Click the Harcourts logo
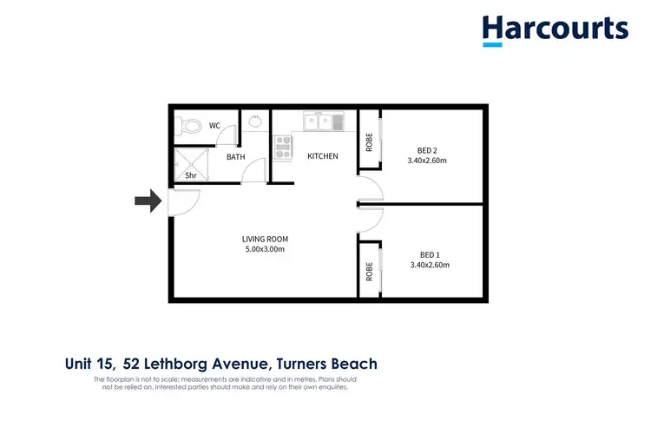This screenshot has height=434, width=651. [x=556, y=29]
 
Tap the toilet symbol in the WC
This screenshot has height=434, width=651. [x=185, y=126]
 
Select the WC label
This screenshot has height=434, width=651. [x=214, y=126]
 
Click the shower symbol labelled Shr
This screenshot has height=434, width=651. [x=189, y=164]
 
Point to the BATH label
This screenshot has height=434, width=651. [x=235, y=157]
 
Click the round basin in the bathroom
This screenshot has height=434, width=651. [x=255, y=122]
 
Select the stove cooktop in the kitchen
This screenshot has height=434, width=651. [x=283, y=148]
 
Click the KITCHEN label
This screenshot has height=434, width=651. [x=322, y=156]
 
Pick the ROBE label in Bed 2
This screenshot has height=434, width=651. [x=369, y=141]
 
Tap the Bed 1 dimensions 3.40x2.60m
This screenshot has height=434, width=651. [x=429, y=265]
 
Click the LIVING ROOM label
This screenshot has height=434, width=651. [x=265, y=239]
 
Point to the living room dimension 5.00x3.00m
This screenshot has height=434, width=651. [x=265, y=249]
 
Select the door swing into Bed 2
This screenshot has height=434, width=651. [x=366, y=188]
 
